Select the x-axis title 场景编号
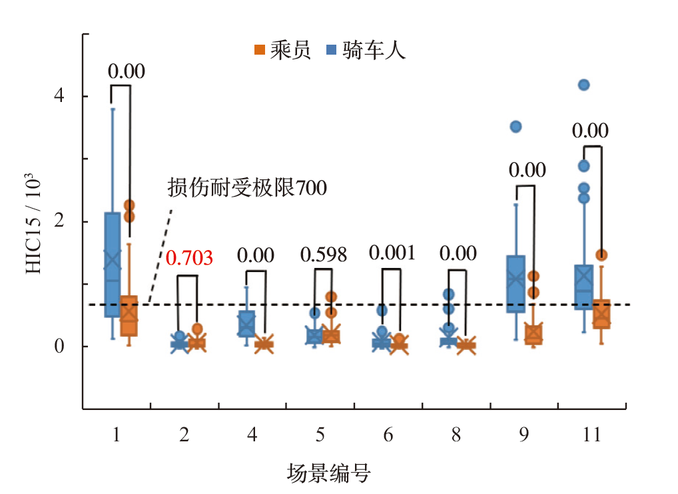pos(328,474)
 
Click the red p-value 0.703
pos(189,257)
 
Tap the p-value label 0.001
pos(392,253)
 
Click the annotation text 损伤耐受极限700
pos(247,189)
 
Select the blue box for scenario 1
pos(112,265)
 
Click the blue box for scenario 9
pos(516,284)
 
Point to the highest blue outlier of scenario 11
pos(584,85)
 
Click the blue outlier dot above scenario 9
pos(515,127)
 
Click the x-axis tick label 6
pos(388,436)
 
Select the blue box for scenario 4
pos(246,323)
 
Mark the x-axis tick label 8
pos(456,436)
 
